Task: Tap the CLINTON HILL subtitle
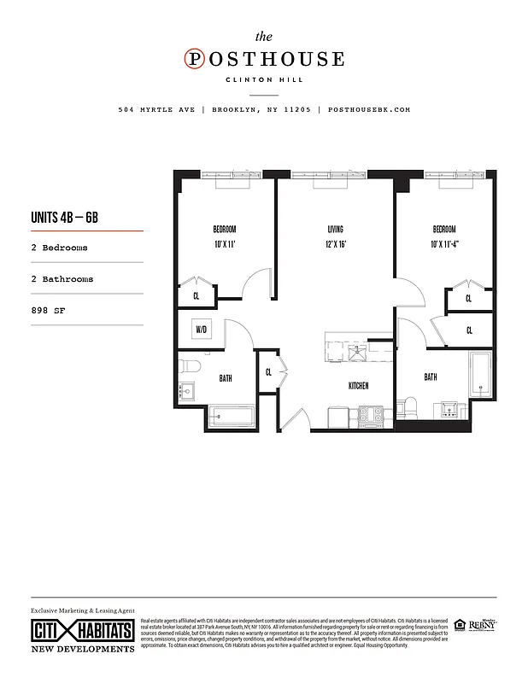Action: click(265, 80)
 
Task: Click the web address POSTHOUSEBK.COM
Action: click(369, 109)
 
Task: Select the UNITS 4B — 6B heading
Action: click(64, 217)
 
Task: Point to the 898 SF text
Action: click(47, 311)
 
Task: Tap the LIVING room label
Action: click(335, 230)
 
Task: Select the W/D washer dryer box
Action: click(202, 329)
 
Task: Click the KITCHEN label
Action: click(358, 386)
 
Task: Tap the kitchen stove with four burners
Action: click(373, 416)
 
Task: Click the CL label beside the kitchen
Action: click(268, 372)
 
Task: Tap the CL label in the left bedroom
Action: click(197, 296)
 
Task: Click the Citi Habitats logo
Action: click(83, 632)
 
